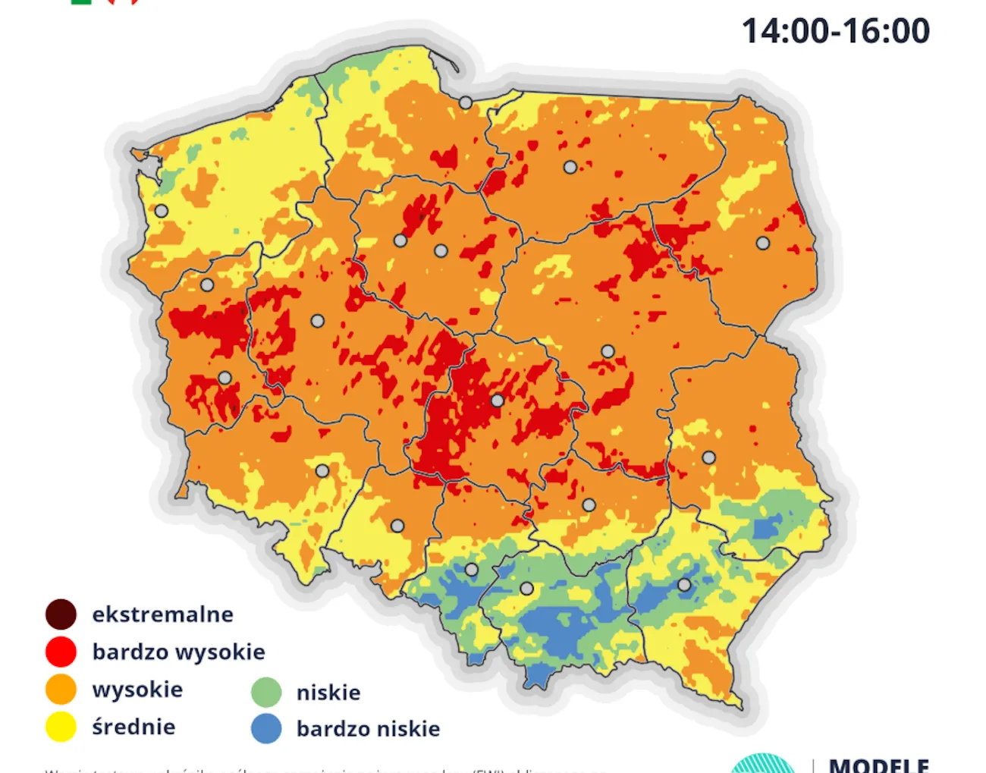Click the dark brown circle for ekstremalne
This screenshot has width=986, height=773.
[x=61, y=614]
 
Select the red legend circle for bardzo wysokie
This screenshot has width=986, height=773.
[x=61, y=652]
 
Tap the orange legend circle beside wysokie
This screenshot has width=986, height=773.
[x=61, y=689]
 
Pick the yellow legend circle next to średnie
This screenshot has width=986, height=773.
[x=61, y=727]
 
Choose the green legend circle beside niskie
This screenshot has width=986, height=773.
[x=265, y=692]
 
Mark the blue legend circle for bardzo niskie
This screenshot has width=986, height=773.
[x=265, y=728]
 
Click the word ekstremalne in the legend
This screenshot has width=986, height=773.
[x=162, y=614]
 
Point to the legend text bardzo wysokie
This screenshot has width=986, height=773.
[x=178, y=652]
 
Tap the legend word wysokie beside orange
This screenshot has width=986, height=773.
[x=137, y=689]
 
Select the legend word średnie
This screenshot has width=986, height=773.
[x=133, y=727]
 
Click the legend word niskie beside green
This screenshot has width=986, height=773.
[x=328, y=692]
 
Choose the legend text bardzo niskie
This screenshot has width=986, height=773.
[x=368, y=728]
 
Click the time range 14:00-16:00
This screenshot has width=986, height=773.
[x=835, y=31]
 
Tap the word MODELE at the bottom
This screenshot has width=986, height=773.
[x=878, y=765]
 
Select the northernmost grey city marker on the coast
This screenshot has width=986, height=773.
[x=466, y=102]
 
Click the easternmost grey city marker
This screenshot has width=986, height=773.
[x=763, y=244]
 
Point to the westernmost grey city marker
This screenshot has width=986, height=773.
[x=162, y=211]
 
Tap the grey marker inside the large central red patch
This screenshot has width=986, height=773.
[x=498, y=400]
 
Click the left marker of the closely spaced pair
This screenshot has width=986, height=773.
[x=400, y=240]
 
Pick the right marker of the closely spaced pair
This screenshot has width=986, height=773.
[x=441, y=250]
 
